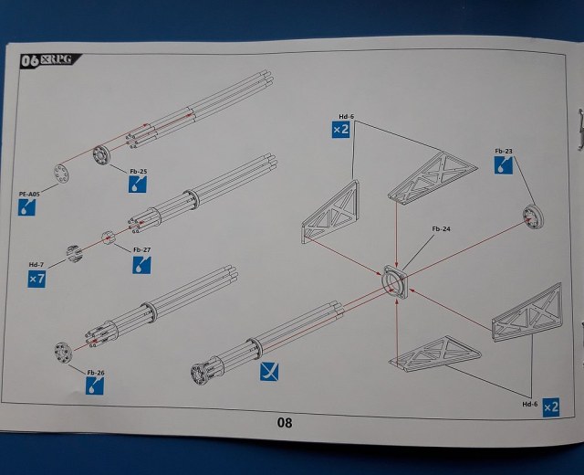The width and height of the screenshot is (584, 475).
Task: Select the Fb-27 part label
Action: pos(141,249)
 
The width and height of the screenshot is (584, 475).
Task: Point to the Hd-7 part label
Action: pos(36,264)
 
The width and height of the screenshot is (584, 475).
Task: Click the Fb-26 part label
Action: pos(96,373)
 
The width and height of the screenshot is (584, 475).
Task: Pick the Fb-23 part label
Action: pos(504,151)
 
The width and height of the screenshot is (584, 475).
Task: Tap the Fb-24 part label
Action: pos(440,229)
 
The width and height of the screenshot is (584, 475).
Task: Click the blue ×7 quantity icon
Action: pos(36,279)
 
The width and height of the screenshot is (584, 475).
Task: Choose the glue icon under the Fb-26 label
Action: pos(96,387)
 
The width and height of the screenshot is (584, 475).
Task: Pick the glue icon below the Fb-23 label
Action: pos(503,166)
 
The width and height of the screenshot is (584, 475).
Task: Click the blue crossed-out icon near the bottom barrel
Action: pos(270,371)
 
